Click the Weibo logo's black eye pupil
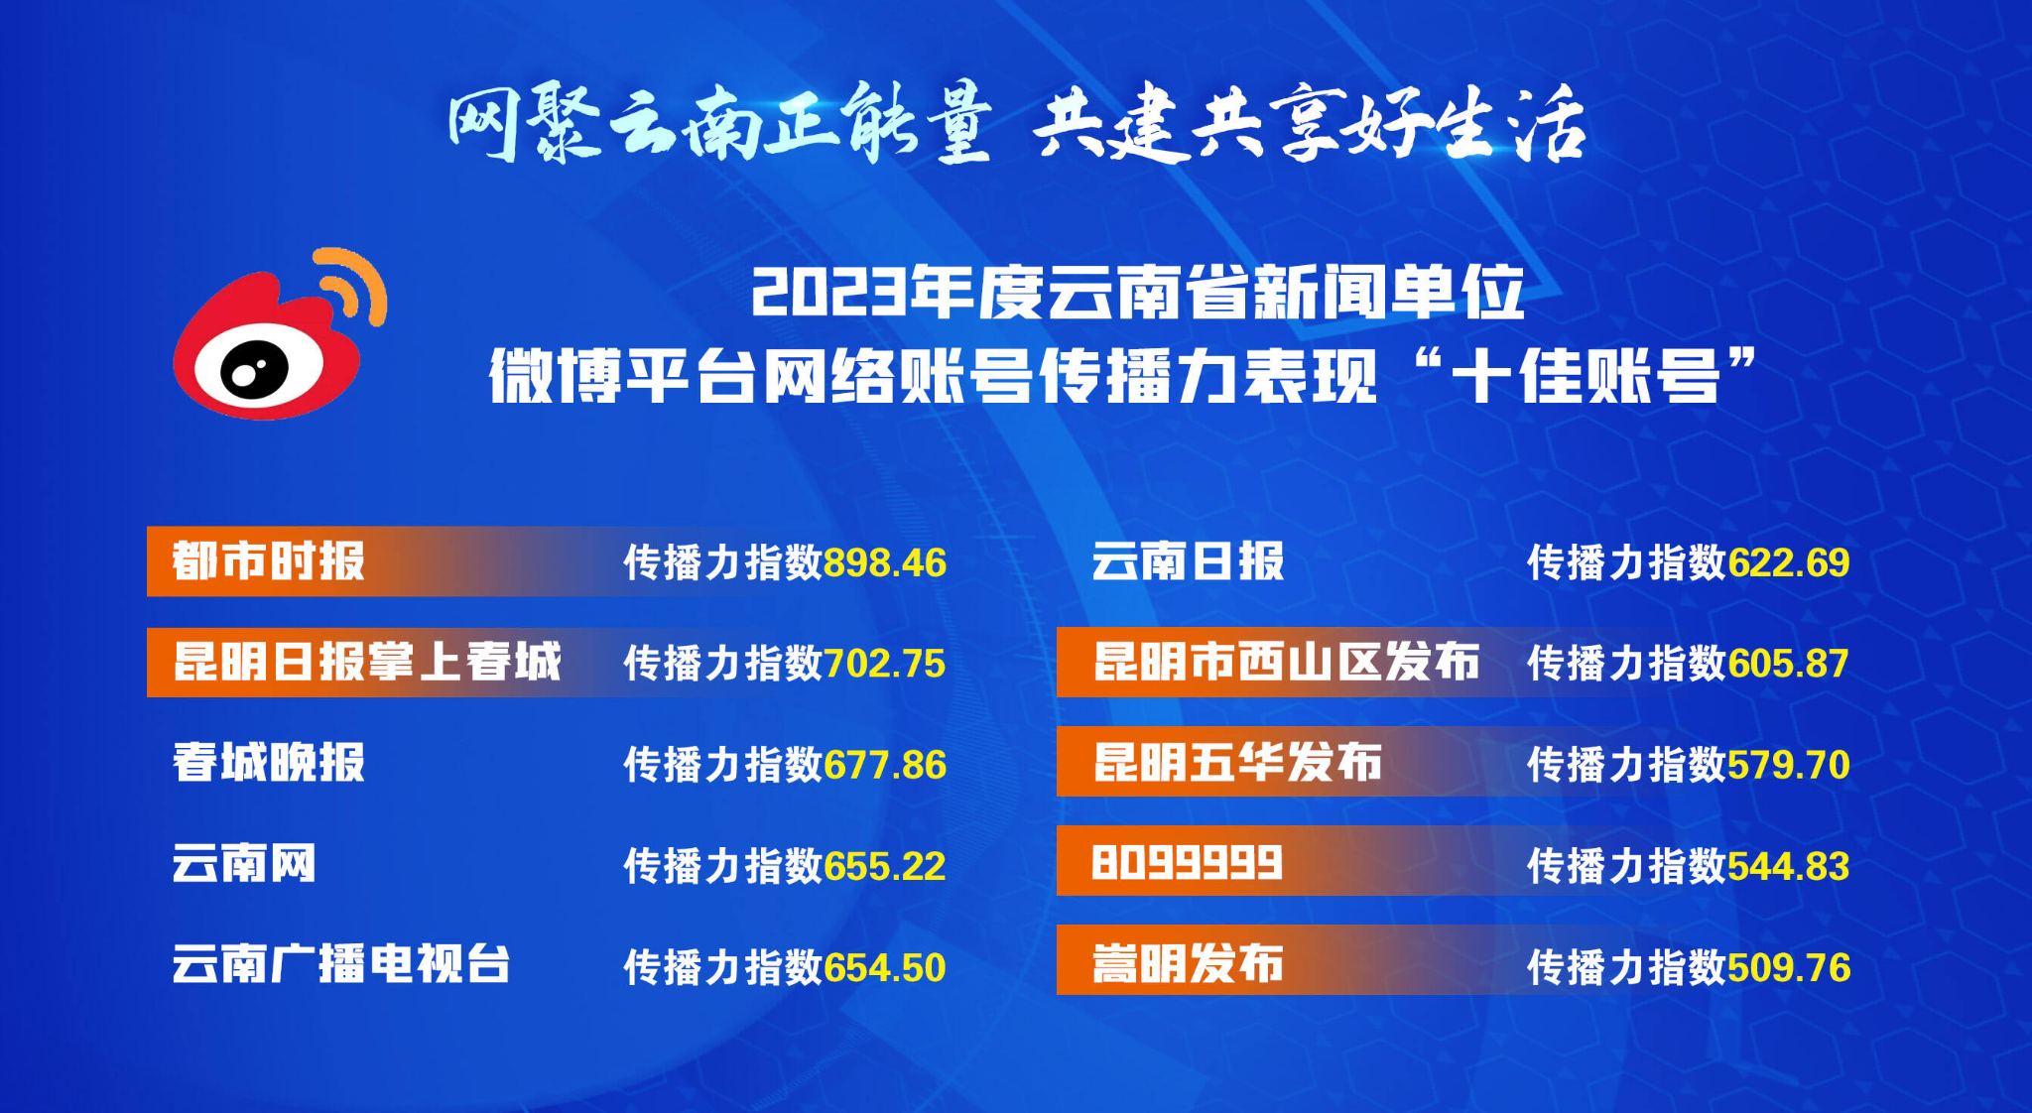[253, 371]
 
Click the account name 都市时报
[269, 561]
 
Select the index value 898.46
[885, 563]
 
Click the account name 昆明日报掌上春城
[367, 662]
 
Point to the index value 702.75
[885, 664]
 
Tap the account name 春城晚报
[269, 763]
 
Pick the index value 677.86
[885, 766]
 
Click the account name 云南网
[244, 863]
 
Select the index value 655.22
[885, 867]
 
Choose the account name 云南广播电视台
[341, 964]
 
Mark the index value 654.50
[885, 968]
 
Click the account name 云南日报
[1188, 561]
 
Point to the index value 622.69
[1789, 563]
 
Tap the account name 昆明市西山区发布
[1286, 662]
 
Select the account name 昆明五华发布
[1237, 763]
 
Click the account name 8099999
[1188, 862]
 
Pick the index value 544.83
[1789, 867]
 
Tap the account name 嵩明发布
[1188, 964]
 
